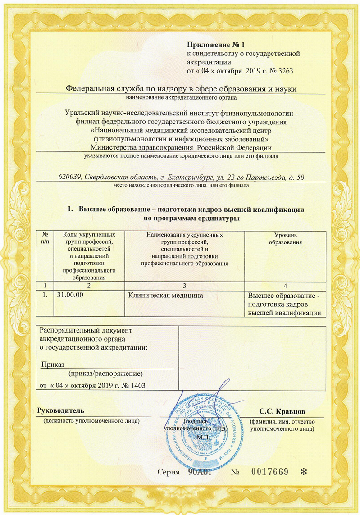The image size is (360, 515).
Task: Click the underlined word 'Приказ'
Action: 53,364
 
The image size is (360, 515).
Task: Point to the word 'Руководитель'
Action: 60,411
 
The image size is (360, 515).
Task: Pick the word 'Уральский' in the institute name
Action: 80,113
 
